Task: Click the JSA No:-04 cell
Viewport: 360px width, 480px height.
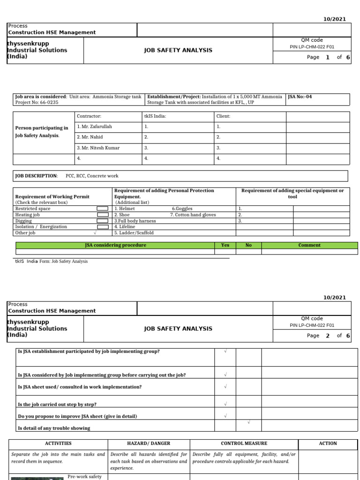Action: pos(300,97)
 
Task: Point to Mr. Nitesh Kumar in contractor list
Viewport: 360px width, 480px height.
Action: pos(98,148)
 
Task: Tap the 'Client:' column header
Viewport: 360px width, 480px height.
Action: pos(223,116)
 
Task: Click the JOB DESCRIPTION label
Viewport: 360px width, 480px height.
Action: pos(36,176)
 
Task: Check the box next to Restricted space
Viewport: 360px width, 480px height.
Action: pos(102,209)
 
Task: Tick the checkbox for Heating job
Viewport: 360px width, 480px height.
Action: pos(102,215)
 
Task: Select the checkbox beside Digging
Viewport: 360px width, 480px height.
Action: pos(102,221)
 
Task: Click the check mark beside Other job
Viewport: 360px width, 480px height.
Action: pos(95,232)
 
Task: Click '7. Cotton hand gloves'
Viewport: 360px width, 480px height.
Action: pos(193,215)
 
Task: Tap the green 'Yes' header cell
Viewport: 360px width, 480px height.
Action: pos(225,245)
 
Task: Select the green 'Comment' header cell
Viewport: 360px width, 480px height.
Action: pos(309,245)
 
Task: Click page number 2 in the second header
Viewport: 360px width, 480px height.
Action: pos(328,336)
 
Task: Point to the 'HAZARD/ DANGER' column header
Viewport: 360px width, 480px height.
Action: pos(149,443)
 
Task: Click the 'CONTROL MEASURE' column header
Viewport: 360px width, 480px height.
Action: pos(244,443)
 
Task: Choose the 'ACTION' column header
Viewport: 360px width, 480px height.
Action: pos(328,443)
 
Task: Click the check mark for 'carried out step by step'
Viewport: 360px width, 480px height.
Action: pos(225,404)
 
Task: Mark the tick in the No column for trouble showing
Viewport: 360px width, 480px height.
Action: pos(248,422)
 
